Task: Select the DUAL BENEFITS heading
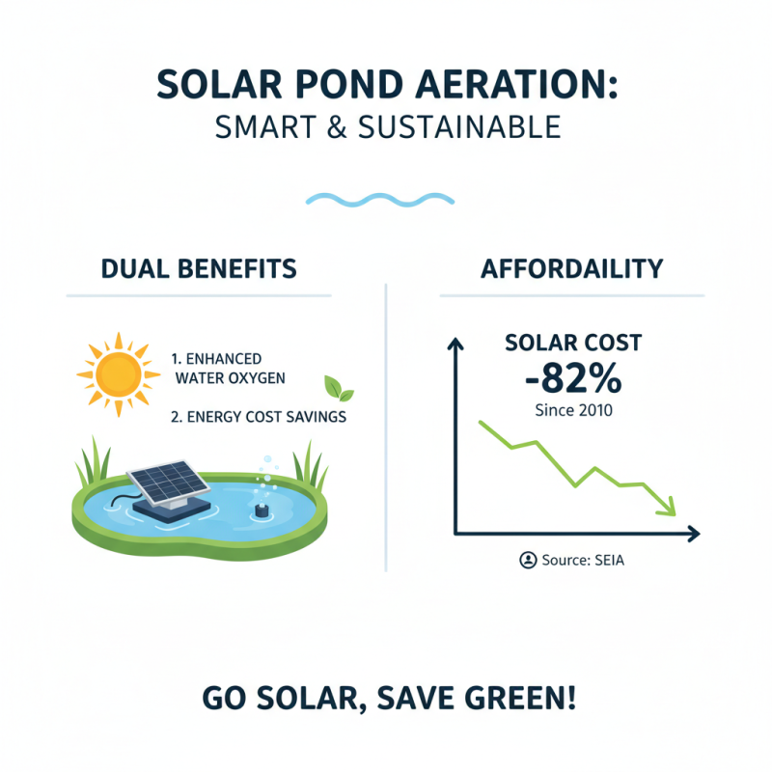pyautogui.click(x=198, y=268)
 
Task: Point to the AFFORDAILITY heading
pyautogui.click(x=571, y=268)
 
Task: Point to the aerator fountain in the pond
pyautogui.click(x=260, y=504)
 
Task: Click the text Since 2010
pyautogui.click(x=573, y=410)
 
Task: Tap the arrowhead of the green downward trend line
pyautogui.click(x=664, y=506)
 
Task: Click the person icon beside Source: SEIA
pyautogui.click(x=528, y=560)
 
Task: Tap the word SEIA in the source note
pyautogui.click(x=610, y=560)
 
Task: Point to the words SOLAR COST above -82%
pyautogui.click(x=572, y=343)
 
